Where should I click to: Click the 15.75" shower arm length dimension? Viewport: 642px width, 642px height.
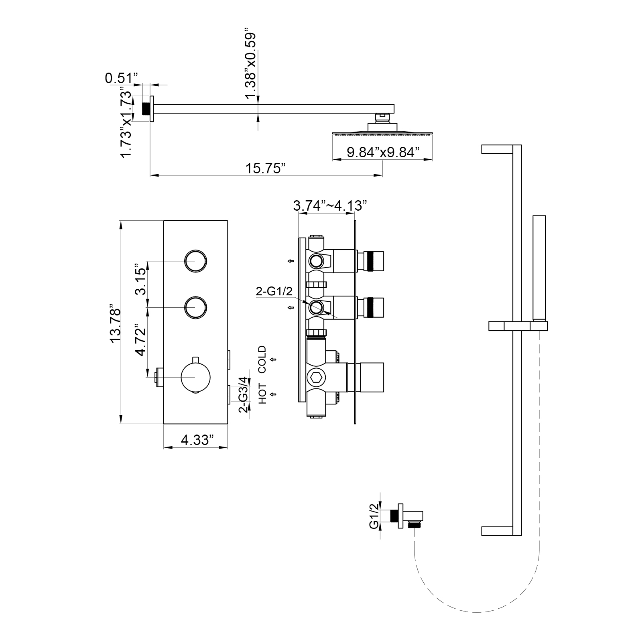[265, 169]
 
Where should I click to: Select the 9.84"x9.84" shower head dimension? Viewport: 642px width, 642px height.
[383, 152]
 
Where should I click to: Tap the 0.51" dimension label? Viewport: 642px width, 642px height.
[121, 78]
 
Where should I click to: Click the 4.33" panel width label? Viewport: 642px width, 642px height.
[196, 440]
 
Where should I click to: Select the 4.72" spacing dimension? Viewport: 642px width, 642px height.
[140, 340]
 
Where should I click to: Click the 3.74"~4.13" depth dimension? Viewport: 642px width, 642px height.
[330, 206]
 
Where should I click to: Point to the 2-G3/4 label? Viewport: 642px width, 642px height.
[243, 394]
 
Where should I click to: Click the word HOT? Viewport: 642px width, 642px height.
[262, 394]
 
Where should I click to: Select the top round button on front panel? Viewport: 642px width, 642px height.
[196, 261]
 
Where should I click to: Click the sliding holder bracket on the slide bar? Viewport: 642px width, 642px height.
[518, 326]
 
